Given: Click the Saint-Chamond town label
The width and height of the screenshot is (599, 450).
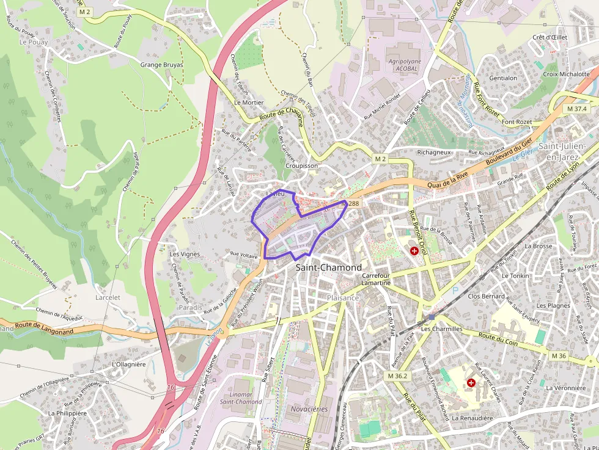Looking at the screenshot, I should tap(328, 267).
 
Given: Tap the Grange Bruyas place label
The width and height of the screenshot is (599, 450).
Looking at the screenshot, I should tap(161, 64).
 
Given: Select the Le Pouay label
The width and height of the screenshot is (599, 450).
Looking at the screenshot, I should tap(33, 42).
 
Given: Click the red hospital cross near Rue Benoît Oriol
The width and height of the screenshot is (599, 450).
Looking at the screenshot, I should tap(414, 251).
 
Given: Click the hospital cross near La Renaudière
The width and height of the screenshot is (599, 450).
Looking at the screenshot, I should tap(471, 383).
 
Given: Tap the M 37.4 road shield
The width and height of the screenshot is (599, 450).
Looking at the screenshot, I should tap(576, 108).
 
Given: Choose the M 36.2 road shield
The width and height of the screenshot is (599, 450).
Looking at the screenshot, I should tap(397, 376).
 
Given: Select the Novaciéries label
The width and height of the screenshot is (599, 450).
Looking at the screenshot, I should tap(309, 409).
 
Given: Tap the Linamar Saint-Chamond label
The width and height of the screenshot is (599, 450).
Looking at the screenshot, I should tap(241, 397).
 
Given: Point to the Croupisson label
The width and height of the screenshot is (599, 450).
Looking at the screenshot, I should tap(302, 165).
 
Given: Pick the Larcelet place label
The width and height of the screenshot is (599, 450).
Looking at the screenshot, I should tap(108, 297).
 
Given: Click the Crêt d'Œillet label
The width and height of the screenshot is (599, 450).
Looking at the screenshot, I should tap(549, 37).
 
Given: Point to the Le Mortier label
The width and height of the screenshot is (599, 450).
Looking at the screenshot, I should tap(249, 103).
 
